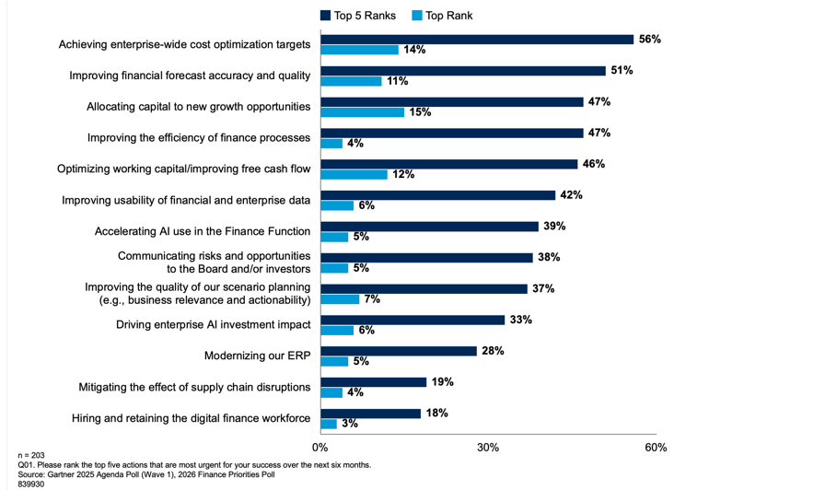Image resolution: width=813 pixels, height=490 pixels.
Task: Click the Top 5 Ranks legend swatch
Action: tap(326, 16)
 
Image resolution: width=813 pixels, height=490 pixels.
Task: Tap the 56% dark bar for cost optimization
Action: tap(477, 40)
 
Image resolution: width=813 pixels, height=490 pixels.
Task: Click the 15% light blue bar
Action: tap(362, 112)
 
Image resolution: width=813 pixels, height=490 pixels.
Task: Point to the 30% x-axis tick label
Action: tap(488, 448)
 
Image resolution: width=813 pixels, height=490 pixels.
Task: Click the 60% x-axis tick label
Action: tap(656, 448)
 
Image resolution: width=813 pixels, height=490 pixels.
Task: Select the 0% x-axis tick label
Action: tap(320, 448)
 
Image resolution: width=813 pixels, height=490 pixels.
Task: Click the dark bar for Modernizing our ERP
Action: tap(398, 351)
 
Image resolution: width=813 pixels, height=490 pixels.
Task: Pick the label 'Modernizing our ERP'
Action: tap(257, 356)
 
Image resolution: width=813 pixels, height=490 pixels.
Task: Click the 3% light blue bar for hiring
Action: tap(329, 424)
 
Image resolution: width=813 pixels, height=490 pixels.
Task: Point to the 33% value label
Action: tap(521, 320)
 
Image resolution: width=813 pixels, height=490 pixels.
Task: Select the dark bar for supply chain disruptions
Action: tap(373, 382)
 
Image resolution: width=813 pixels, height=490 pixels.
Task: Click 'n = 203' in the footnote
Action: tap(31, 455)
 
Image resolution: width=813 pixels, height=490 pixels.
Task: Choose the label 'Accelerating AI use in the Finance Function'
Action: tap(203, 231)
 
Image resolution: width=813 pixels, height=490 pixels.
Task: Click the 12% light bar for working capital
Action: tap(354, 174)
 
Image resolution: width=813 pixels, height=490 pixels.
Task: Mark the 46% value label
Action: tap(594, 164)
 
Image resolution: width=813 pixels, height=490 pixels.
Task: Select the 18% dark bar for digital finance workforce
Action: tap(370, 414)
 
